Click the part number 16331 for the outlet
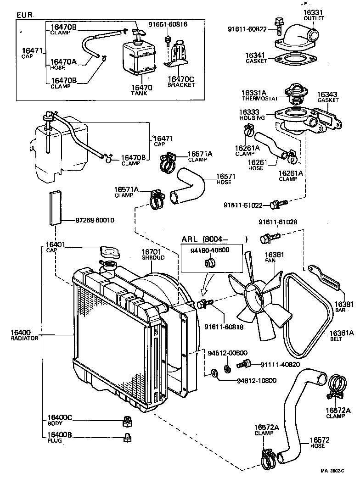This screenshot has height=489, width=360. (x=314, y=12)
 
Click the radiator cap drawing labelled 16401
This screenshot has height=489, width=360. (x=109, y=252)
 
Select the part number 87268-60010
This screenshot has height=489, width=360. (x=95, y=220)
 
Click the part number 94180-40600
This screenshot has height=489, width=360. (x=210, y=250)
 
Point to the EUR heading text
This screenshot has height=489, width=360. (x=24, y=15)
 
